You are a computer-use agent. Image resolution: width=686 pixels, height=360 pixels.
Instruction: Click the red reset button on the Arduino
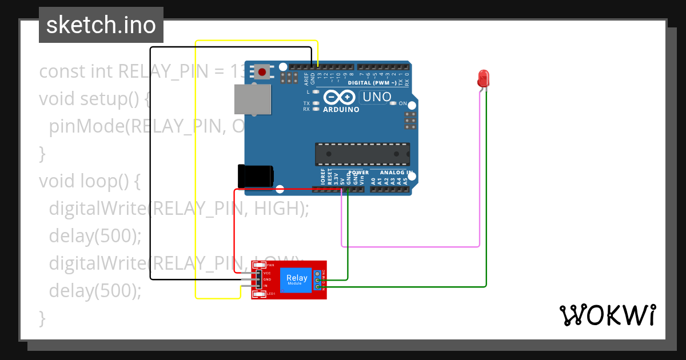[262, 72]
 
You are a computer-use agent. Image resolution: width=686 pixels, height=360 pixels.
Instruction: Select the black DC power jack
[256, 176]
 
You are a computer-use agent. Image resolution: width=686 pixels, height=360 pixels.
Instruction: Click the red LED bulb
[484, 78]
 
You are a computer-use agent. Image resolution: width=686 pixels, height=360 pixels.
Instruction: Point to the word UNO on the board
[377, 97]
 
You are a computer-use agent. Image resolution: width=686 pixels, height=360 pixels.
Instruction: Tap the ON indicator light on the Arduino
[393, 103]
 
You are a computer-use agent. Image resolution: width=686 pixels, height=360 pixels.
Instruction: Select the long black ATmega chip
[362, 153]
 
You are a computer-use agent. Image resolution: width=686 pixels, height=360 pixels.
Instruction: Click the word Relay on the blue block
[297, 278]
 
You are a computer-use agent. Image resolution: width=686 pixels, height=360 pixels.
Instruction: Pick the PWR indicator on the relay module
[260, 265]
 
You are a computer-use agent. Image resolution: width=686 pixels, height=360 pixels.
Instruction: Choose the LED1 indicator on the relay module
[260, 294]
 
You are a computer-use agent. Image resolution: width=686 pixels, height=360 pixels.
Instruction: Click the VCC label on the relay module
[267, 273]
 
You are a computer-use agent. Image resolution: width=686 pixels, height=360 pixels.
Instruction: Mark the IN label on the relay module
[265, 285]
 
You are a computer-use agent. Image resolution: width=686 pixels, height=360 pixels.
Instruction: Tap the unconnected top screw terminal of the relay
[318, 273]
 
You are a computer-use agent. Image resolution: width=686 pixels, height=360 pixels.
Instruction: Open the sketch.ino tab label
[101, 25]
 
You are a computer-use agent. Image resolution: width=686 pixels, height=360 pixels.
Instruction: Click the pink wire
[412, 247]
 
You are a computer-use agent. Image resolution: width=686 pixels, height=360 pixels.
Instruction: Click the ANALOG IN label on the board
[396, 173]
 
